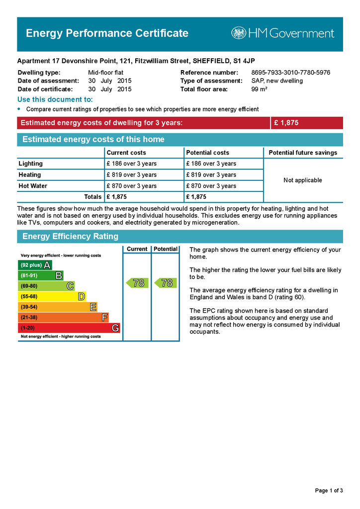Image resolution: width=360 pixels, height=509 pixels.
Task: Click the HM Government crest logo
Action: tap(239, 33)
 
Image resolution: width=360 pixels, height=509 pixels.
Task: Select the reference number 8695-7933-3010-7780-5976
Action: tap(290, 73)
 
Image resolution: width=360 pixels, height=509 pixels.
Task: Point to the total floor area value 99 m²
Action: tap(260, 89)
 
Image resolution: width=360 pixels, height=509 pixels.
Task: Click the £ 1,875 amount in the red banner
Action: tap(286, 123)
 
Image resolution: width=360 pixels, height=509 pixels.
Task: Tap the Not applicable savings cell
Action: tap(303, 180)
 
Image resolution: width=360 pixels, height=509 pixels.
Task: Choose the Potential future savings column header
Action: tap(303, 153)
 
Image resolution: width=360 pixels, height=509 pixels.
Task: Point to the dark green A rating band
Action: tap(35, 265)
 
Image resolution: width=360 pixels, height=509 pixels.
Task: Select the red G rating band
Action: tap(69, 328)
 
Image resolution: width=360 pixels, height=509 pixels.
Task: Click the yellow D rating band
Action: tap(52, 297)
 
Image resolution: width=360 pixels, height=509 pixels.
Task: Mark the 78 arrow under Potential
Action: tap(166, 283)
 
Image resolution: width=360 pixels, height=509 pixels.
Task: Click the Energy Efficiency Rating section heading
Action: tap(71, 237)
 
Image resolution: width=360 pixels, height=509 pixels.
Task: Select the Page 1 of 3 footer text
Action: tap(329, 491)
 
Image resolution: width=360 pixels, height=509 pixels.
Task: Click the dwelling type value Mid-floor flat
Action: tap(105, 73)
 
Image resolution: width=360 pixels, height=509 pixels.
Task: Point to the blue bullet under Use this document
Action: tap(19, 109)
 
